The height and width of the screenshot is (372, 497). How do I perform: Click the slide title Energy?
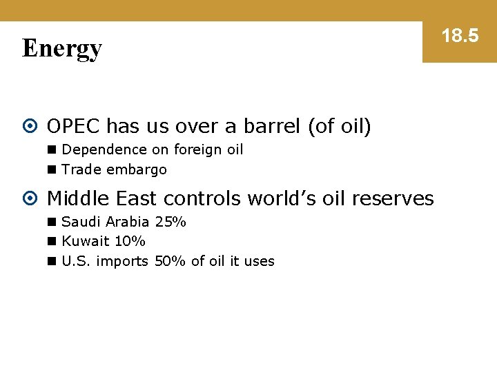[x=62, y=49]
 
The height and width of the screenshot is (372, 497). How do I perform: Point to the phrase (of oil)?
[x=339, y=126]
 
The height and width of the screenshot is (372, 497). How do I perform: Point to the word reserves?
[x=393, y=198]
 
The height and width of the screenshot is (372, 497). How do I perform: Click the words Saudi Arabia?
[x=106, y=222]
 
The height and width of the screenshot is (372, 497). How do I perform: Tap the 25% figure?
[x=170, y=222]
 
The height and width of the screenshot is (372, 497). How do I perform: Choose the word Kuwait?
[x=86, y=241]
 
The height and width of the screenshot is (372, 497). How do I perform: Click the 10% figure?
[x=130, y=241]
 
